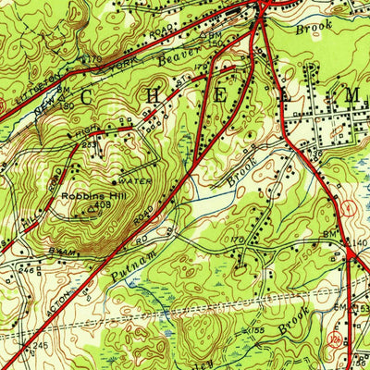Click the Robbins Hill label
point(88,196)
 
